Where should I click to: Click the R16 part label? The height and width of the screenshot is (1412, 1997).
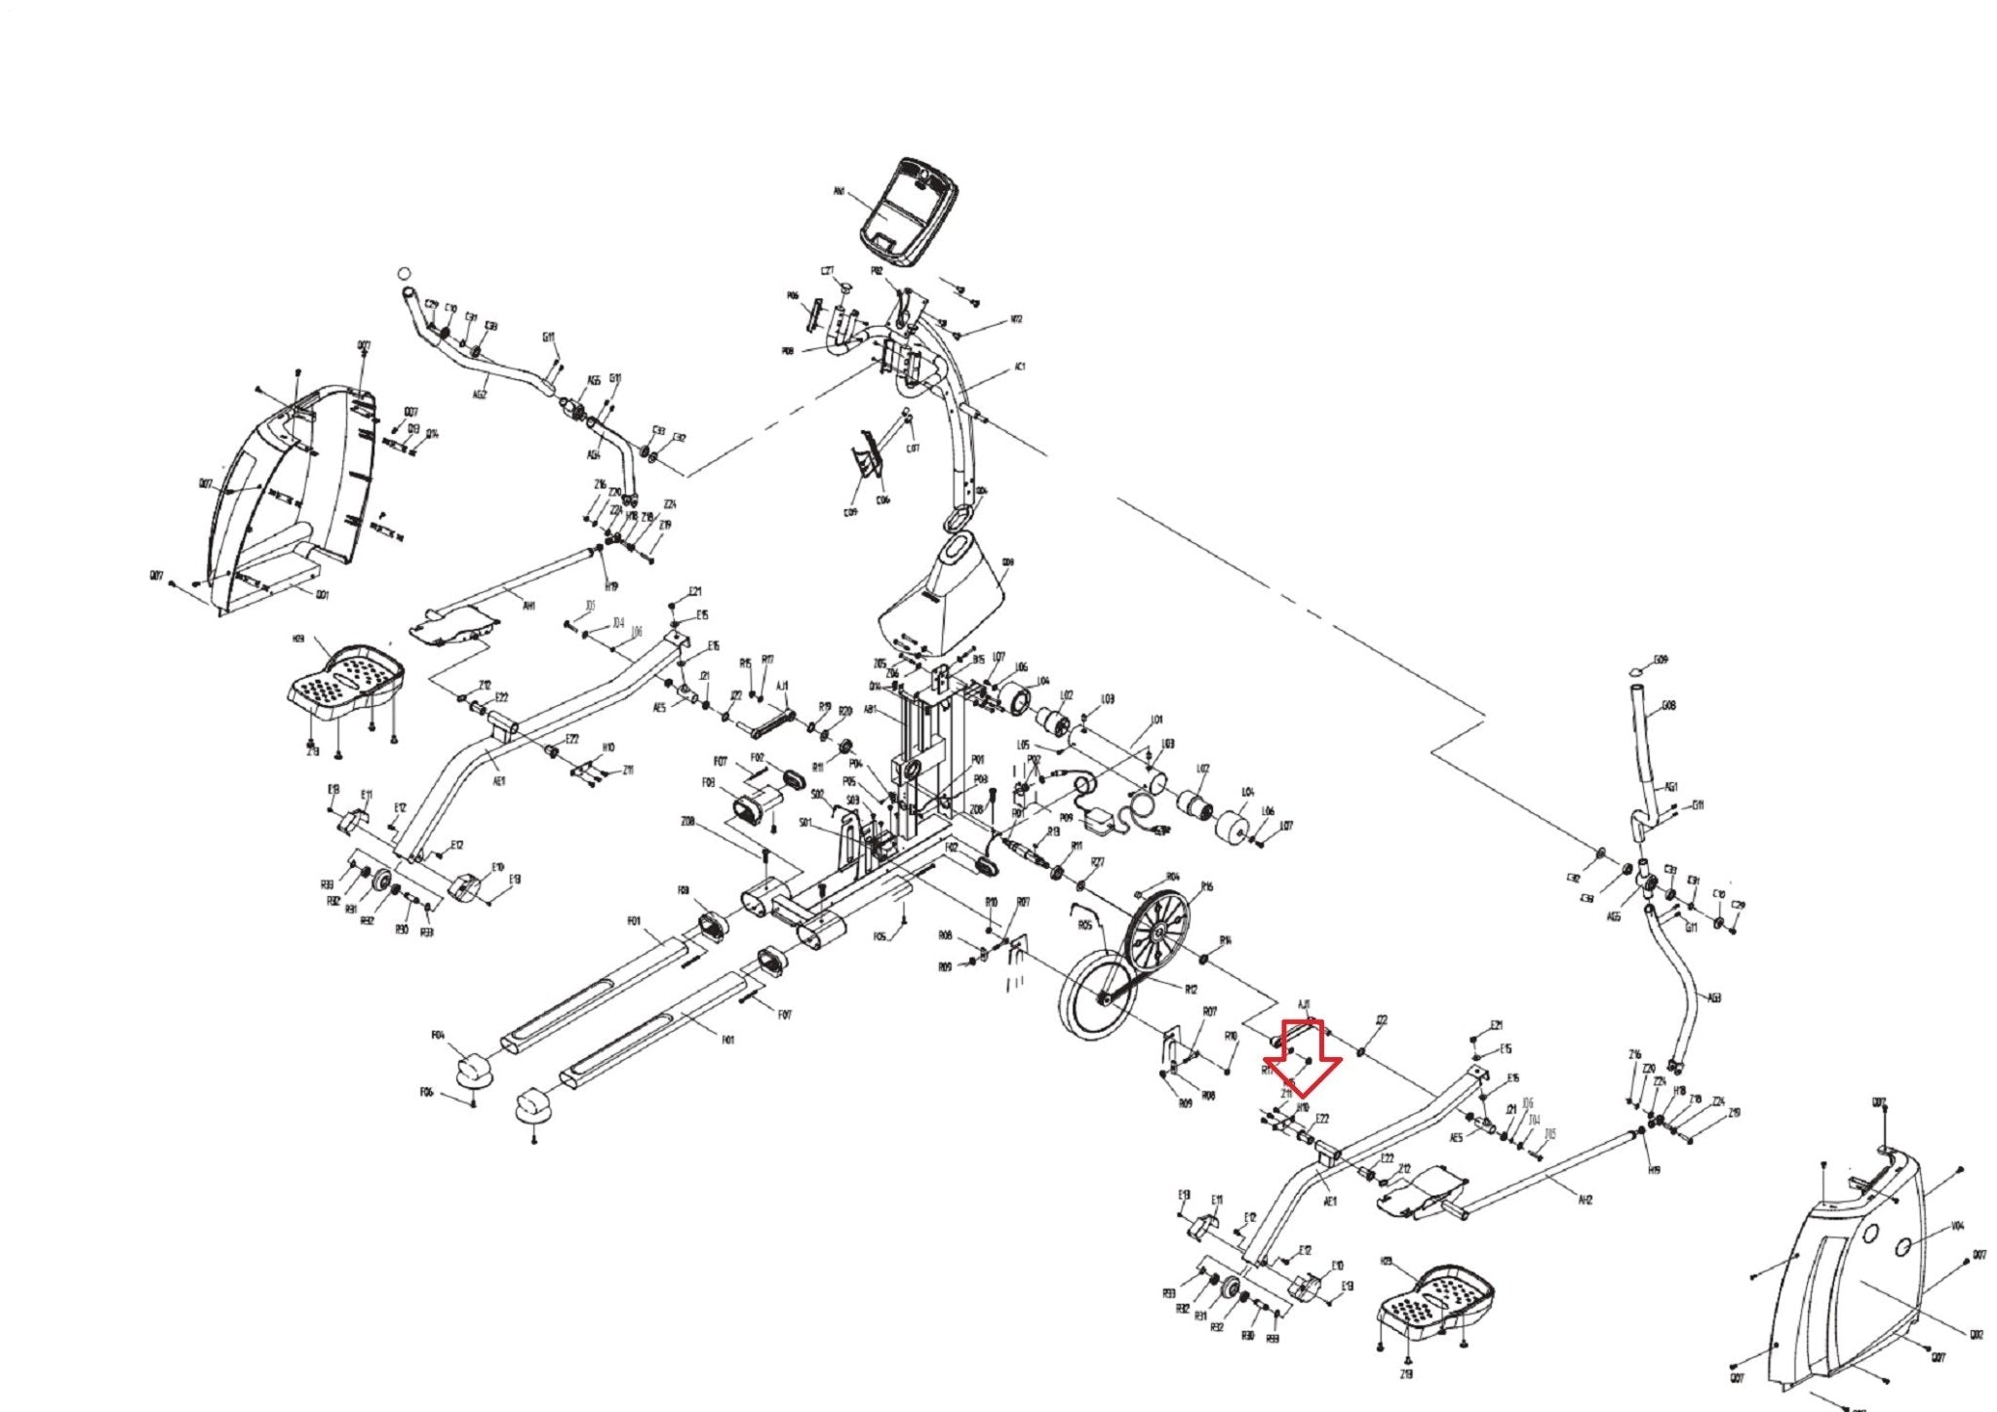click(x=1207, y=886)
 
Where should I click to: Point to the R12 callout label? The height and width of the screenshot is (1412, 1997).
click(x=1191, y=989)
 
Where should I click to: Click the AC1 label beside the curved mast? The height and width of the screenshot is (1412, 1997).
click(x=1020, y=367)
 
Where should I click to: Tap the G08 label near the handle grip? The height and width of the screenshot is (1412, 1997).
click(x=1668, y=706)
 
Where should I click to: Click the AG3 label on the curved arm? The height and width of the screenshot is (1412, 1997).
click(x=1715, y=997)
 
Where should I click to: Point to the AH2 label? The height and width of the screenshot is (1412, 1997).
click(x=1585, y=1200)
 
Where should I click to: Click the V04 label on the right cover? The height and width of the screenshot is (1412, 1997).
click(x=1957, y=1226)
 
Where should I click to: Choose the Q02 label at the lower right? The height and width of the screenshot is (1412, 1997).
click(x=1977, y=1335)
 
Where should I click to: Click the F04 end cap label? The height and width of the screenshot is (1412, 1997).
click(x=438, y=1035)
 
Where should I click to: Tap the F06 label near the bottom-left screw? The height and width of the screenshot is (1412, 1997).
click(x=426, y=1092)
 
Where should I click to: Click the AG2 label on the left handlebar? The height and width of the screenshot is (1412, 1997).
click(x=480, y=395)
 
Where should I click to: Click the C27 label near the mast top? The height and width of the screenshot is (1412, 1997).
click(x=828, y=271)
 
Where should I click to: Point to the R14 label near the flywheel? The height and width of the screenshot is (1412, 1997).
click(x=1226, y=940)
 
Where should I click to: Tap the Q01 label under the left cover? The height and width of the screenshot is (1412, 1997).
click(x=323, y=594)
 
